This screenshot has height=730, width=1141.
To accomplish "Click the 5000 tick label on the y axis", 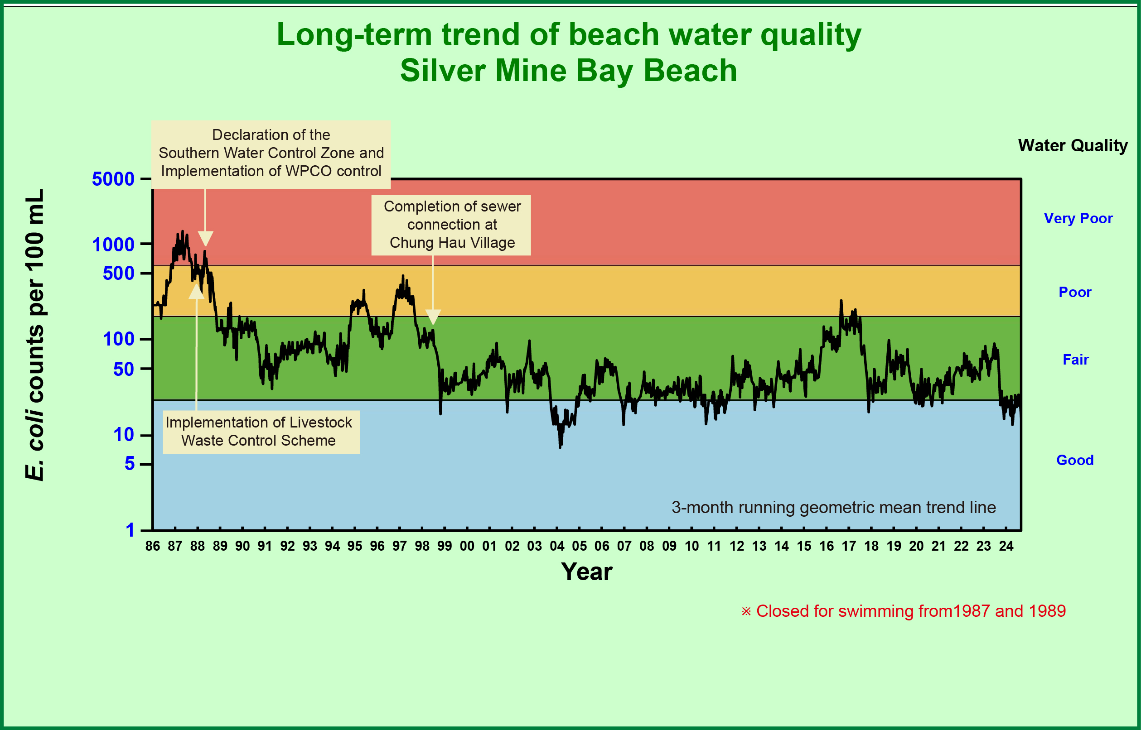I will [113, 179].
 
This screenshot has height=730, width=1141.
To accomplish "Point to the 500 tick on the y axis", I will [119, 273].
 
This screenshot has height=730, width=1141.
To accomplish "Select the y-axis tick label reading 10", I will [124, 434].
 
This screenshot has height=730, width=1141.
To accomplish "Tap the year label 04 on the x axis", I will [557, 546].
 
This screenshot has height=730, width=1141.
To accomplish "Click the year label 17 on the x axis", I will [849, 546].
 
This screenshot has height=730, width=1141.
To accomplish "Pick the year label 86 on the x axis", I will [153, 546].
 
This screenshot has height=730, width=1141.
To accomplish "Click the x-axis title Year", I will [587, 572].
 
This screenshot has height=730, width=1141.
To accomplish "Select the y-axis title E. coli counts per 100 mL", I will [34, 335].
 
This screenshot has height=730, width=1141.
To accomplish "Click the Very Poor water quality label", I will [1078, 218].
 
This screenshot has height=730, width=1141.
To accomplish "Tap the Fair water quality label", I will [1076, 359].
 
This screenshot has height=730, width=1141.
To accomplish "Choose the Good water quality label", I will [1074, 460].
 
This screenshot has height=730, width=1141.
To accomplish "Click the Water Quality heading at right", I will [1073, 145].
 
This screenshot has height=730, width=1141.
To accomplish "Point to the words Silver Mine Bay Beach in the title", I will [568, 71].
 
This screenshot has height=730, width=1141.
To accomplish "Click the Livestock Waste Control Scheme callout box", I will [261, 432].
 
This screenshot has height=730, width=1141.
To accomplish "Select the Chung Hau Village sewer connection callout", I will [451, 225].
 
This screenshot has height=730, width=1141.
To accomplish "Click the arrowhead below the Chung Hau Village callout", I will [433, 317].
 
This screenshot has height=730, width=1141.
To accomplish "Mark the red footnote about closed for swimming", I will [904, 611].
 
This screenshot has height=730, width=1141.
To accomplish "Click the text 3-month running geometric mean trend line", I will [833, 507].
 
